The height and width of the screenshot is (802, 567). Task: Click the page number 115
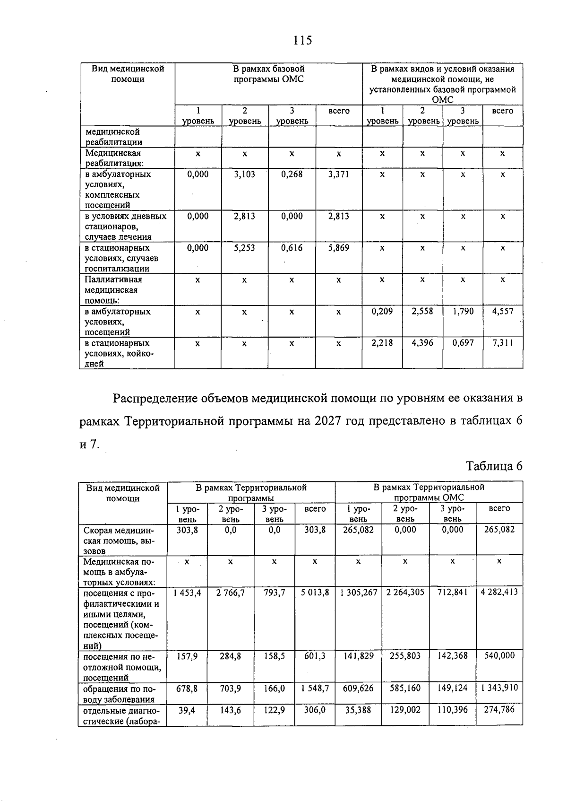pos(302,41)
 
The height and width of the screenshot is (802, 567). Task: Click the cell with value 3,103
pos(244,174)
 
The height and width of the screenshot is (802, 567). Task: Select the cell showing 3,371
pos(338,174)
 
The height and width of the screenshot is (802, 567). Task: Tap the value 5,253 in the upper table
pos(244,248)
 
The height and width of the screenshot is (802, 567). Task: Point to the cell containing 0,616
pos(292,248)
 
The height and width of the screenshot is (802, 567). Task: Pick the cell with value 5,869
pos(338,248)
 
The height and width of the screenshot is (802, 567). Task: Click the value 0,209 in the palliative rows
pos(382,312)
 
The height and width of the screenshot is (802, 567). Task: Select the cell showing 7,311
pos(502,343)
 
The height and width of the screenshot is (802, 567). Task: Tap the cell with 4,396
pos(422,343)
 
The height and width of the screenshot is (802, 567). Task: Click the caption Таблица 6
pos(494,466)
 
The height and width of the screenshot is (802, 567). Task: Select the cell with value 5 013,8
pos(315,593)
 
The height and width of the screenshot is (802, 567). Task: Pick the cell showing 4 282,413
pos(499,593)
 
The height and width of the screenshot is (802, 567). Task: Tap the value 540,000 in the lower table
pos(499,656)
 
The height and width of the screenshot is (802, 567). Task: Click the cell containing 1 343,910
pos(499,688)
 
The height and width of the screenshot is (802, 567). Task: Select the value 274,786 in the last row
pos(499,709)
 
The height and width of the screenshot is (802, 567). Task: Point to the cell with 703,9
pos(231,688)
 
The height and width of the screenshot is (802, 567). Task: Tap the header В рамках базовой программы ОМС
pos(268,74)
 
